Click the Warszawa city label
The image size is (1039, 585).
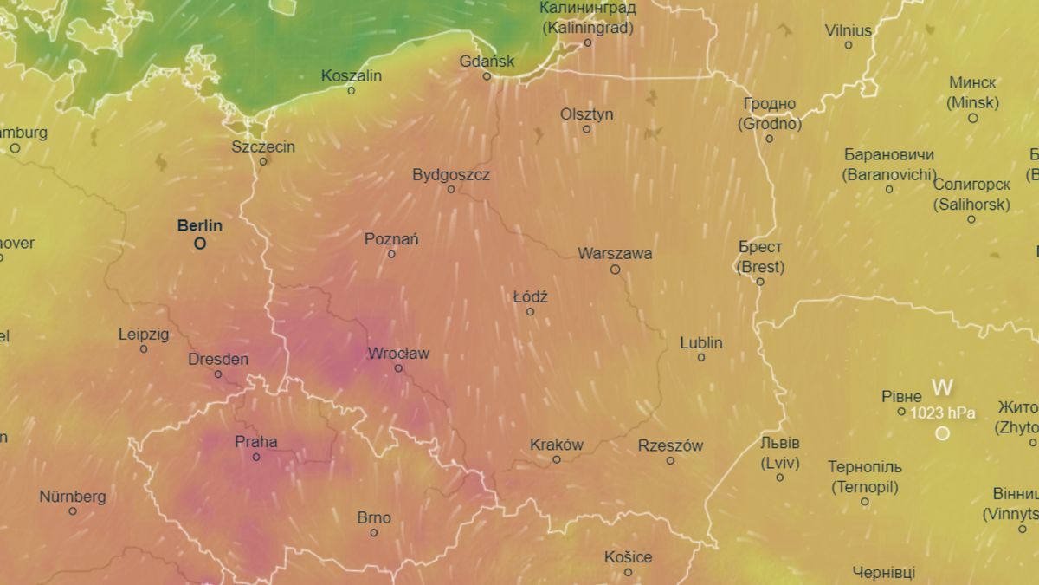point(615,254)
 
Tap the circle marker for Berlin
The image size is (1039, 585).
point(200,244)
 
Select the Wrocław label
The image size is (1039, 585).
point(398,354)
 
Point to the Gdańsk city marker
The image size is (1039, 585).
point(487,76)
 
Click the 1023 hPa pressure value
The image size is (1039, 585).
point(942,413)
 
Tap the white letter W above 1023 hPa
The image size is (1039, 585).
point(942,387)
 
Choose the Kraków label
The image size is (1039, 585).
point(557,445)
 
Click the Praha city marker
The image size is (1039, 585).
point(256,457)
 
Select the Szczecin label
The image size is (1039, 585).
point(263,146)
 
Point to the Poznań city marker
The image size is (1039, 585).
point(391,254)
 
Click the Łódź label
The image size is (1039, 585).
point(530,297)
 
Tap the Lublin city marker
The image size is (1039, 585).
point(701,357)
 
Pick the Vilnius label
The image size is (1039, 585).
point(848,30)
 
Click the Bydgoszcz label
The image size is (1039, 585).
point(451,175)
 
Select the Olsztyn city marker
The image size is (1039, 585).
point(587,129)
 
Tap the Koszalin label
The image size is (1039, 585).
point(351,75)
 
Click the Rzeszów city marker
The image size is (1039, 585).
point(670,460)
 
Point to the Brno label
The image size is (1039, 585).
point(374,518)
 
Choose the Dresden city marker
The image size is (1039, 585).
point(218,374)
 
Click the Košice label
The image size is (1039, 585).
point(629,557)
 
